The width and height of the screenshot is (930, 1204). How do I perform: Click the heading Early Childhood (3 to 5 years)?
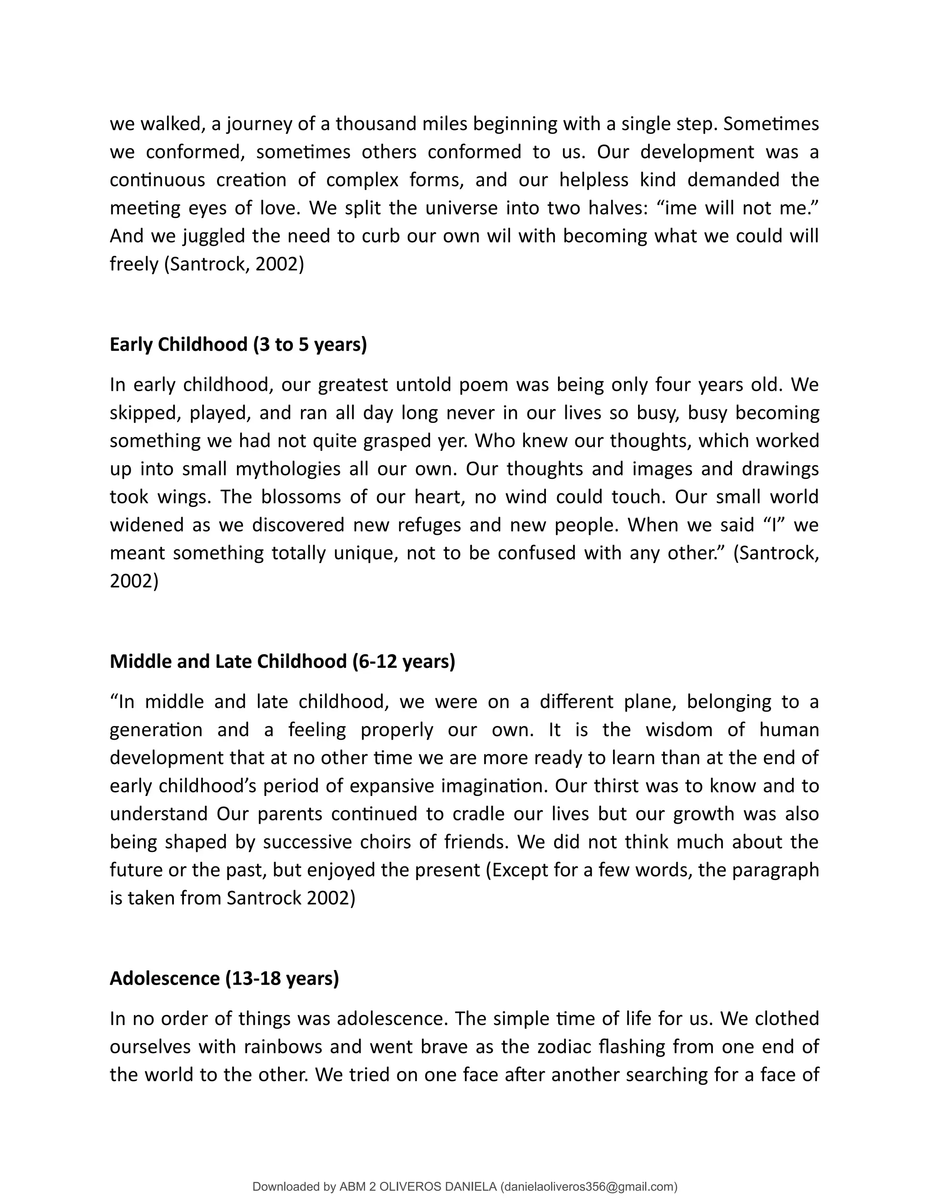pyautogui.click(x=238, y=344)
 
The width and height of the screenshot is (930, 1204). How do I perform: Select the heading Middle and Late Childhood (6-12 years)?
pyautogui.click(x=282, y=661)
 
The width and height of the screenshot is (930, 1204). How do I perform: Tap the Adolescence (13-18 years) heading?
pyautogui.click(x=224, y=978)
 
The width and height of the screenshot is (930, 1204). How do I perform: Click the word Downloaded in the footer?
pyautogui.click(x=286, y=1186)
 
